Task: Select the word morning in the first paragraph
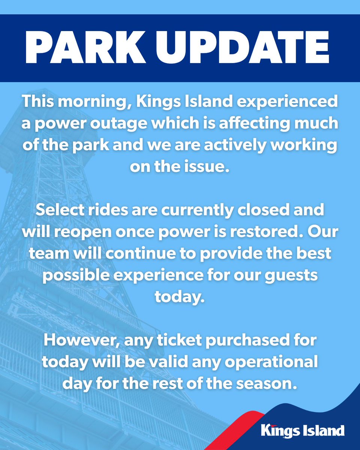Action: tap(88, 102)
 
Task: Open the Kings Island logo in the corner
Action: tap(303, 430)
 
